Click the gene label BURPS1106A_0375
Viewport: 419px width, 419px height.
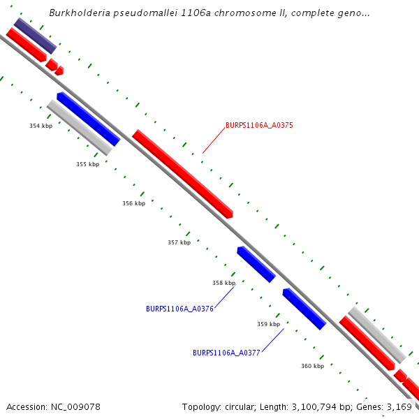259,126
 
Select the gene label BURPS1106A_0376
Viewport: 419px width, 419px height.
179,309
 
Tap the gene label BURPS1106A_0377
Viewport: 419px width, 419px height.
226,353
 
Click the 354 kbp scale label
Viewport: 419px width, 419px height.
41,126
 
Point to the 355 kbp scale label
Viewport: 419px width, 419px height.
87,164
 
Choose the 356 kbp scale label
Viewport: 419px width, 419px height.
133,203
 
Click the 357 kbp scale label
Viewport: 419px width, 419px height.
179,243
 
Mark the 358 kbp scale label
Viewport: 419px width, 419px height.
223,283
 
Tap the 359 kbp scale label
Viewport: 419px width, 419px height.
268,324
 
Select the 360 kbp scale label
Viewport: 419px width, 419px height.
312,366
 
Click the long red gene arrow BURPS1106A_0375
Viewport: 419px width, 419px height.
183,174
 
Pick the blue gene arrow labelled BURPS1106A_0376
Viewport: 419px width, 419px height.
256,265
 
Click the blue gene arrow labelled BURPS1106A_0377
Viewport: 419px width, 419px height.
304,309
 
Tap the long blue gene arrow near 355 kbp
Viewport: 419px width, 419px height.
89,119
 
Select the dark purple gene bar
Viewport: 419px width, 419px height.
35,36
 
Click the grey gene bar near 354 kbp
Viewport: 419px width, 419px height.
80,127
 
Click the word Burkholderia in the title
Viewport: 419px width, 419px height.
78,13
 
